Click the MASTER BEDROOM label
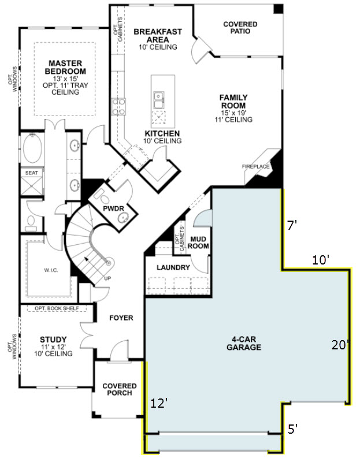65,67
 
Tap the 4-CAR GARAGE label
244,343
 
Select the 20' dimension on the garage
340,345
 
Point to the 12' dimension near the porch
159,403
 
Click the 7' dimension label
292,225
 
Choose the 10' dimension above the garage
321,260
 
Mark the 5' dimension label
292,429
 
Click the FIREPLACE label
255,166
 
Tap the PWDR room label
113,208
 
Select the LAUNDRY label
173,267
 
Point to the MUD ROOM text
198,243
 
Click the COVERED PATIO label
240,28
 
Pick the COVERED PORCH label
120,389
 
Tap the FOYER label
121,318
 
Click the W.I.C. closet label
51,270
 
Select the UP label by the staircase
107,278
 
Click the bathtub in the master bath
32,148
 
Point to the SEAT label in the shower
32,173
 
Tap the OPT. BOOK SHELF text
57,308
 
